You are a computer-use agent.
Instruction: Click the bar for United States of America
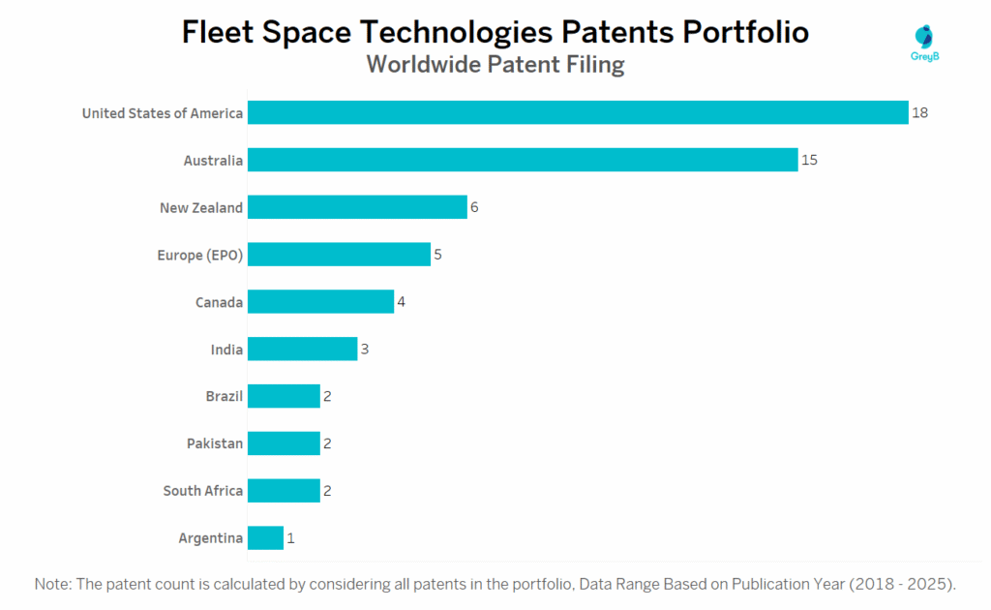click(578, 113)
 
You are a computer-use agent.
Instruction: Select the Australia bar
click(523, 160)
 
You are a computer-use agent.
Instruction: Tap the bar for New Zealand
click(357, 207)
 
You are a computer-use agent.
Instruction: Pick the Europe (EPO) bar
click(339, 255)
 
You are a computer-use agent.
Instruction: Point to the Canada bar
click(320, 302)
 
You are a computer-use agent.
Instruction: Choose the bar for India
click(302, 350)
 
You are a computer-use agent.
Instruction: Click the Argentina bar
click(265, 537)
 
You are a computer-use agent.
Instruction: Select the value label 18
click(919, 113)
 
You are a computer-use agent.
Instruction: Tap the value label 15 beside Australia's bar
click(809, 160)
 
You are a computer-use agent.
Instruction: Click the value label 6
click(474, 207)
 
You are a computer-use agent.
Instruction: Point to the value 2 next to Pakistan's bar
click(327, 443)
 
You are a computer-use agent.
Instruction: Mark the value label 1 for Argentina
click(290, 537)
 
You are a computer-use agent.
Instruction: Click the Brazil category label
click(224, 396)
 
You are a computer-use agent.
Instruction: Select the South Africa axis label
click(202, 491)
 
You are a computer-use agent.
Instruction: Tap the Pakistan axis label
click(215, 443)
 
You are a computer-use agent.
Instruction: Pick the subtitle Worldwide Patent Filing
click(495, 65)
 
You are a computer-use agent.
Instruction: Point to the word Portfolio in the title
click(745, 32)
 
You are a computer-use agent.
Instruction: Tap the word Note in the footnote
click(51, 584)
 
